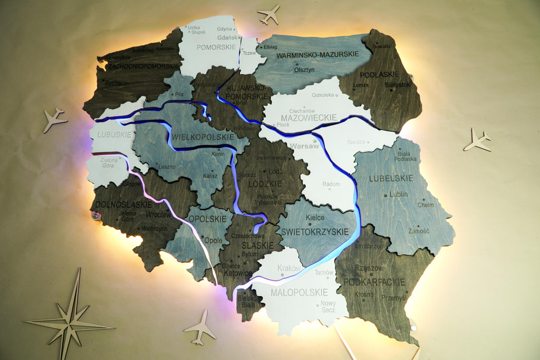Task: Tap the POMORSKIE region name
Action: pos(216,47)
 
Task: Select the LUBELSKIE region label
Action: pos(392,178)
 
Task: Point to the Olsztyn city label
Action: pos(304,69)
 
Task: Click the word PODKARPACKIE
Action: pos(374,282)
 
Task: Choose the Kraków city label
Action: pos(289,268)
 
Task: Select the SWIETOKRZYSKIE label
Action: pos(315,232)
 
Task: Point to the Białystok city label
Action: pos(397,84)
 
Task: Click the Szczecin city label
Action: pos(117,83)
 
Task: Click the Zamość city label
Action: pos(419,231)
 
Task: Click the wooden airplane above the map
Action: pos(269,14)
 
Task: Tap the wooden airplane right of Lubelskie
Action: pos(478,140)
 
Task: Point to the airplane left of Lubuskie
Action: pos(54,119)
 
